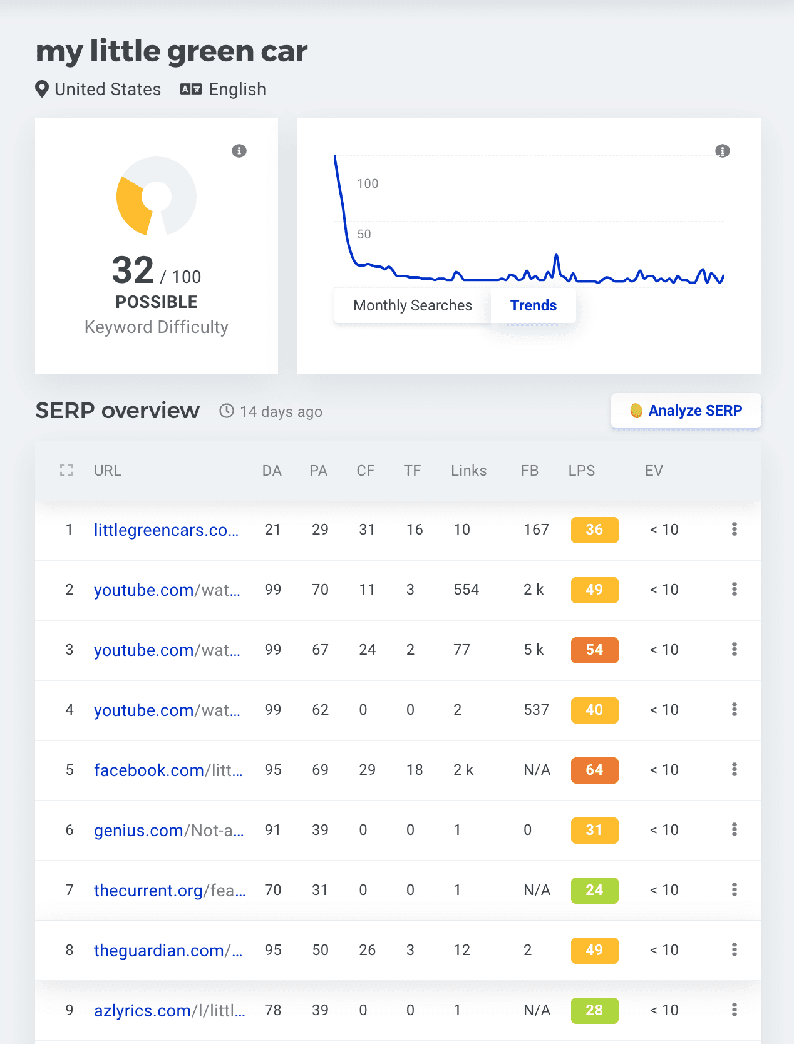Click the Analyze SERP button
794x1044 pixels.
click(686, 411)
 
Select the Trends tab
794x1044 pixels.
click(533, 305)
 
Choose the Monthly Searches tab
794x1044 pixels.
click(413, 305)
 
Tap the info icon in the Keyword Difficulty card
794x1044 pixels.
click(239, 151)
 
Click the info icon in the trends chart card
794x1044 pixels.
click(723, 151)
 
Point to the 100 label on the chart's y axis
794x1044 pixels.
click(368, 183)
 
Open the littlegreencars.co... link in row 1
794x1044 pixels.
click(166, 530)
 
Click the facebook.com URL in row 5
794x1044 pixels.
click(168, 770)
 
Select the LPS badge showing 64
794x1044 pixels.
click(594, 770)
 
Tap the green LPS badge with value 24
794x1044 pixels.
click(594, 891)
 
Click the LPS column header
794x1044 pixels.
click(582, 471)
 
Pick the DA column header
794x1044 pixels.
click(272, 471)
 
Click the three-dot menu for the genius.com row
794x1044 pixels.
click(735, 830)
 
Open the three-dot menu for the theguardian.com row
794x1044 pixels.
click(735, 950)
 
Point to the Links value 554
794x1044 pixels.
click(466, 590)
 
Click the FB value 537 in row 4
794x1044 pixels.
click(536, 710)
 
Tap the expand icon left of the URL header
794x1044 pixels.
click(66, 471)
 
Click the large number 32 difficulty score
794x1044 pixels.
click(133, 270)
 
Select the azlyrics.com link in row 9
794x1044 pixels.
click(169, 1011)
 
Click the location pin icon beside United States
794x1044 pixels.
click(42, 90)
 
